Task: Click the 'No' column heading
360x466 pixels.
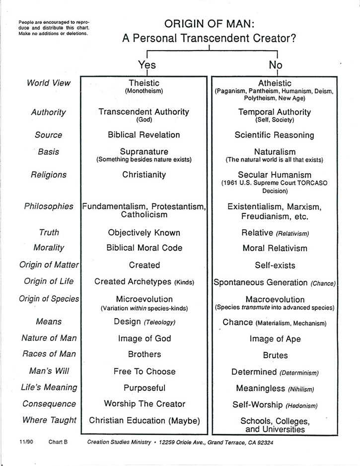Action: pyautogui.click(x=275, y=65)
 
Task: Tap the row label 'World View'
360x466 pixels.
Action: pyautogui.click(x=49, y=83)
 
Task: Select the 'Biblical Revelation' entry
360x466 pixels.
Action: pyautogui.click(x=144, y=134)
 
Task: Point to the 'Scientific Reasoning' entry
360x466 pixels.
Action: pyautogui.click(x=275, y=134)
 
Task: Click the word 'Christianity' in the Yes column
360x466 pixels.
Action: pyautogui.click(x=144, y=175)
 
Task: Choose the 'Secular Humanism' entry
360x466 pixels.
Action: pyautogui.click(x=275, y=175)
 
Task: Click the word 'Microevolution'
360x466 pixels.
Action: pyautogui.click(x=144, y=299)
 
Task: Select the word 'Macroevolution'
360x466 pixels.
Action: pyautogui.click(x=275, y=299)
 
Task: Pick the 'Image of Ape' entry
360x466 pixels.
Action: pyautogui.click(x=275, y=339)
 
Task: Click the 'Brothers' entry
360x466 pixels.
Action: pyautogui.click(x=144, y=354)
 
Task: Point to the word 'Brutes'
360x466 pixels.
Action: pyautogui.click(x=275, y=355)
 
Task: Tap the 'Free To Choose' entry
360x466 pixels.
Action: pyautogui.click(x=144, y=371)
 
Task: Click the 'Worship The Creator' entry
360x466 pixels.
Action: pyautogui.click(x=144, y=403)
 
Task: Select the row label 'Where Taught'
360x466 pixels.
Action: pyautogui.click(x=49, y=420)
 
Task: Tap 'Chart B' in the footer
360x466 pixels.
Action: pyautogui.click(x=58, y=441)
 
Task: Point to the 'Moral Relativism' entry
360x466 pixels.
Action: pyautogui.click(x=275, y=248)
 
